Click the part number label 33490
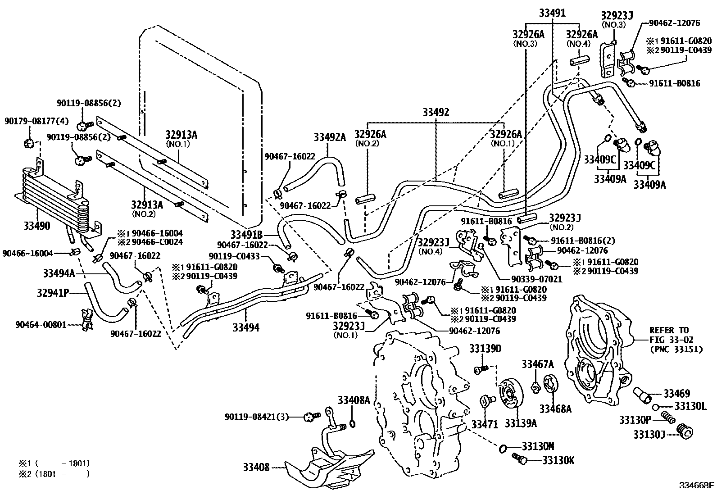[37, 225]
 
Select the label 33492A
[330, 137]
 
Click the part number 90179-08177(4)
[30, 121]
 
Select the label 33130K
[558, 460]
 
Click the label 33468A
[555, 409]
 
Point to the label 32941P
[53, 293]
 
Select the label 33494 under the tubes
[246, 327]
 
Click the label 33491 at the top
[552, 13]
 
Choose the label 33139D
[485, 349]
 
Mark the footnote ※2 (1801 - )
[54, 473]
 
